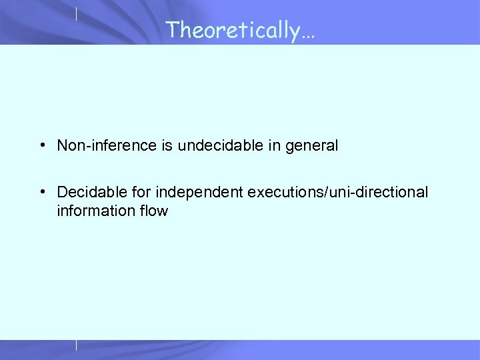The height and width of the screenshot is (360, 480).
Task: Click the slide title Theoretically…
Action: (x=240, y=30)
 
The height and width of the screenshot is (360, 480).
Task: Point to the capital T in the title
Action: (x=171, y=29)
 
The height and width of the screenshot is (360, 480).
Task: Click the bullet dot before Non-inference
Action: (x=42, y=145)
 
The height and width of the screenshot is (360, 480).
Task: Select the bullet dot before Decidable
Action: (x=42, y=193)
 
